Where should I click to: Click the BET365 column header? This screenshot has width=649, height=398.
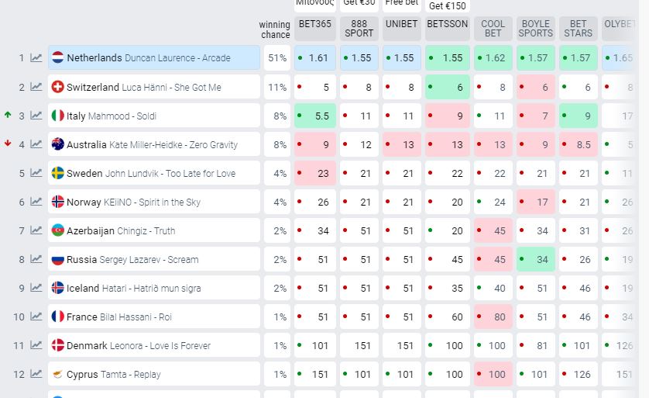click(314, 24)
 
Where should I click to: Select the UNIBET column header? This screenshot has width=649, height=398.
click(401, 24)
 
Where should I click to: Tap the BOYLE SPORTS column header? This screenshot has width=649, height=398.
click(535, 29)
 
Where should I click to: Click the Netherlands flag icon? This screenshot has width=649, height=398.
click(57, 58)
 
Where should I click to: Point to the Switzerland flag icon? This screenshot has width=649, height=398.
click(57, 87)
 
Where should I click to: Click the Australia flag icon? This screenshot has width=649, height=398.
click(57, 144)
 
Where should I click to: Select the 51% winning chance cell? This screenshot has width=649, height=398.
click(276, 58)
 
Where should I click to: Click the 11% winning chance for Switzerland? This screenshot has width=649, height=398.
click(276, 87)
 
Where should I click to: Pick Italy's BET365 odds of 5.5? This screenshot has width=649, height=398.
click(315, 116)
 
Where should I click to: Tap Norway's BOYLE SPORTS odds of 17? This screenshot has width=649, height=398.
click(536, 202)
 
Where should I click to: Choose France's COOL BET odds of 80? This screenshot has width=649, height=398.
click(493, 317)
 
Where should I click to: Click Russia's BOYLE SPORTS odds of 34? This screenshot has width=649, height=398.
click(536, 259)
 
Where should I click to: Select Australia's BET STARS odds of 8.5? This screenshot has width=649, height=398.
click(578, 144)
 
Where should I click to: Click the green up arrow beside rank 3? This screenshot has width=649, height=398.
click(8, 115)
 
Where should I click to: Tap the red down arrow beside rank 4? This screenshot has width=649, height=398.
click(8, 144)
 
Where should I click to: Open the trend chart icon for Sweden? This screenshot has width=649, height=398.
click(36, 173)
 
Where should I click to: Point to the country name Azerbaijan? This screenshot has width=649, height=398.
click(90, 231)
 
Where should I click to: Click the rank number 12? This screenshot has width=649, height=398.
click(19, 374)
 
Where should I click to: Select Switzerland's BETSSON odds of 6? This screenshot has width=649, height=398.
click(448, 87)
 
